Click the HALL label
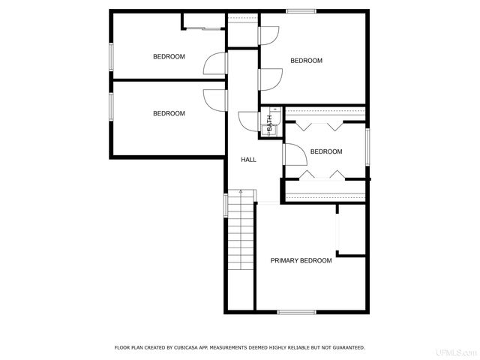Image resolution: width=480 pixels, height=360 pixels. tap(248, 160)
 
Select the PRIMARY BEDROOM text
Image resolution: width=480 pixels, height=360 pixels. tap(301, 260)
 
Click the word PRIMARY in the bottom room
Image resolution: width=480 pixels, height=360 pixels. tap(284, 260)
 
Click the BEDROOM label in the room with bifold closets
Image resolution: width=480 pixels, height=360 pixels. tap(325, 151)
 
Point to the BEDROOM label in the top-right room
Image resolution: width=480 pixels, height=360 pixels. tap(306, 61)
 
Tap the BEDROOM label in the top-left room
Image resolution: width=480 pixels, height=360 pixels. tap(169, 56)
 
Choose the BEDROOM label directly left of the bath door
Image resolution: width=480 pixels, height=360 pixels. tap(169, 113)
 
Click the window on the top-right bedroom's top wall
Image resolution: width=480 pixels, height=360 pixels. tap(300, 10)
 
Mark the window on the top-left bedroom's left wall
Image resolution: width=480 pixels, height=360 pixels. tap(111, 57)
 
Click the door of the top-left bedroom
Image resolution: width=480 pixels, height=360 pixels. tap(214, 63)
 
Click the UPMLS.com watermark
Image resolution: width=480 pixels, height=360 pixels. tap(461, 351)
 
